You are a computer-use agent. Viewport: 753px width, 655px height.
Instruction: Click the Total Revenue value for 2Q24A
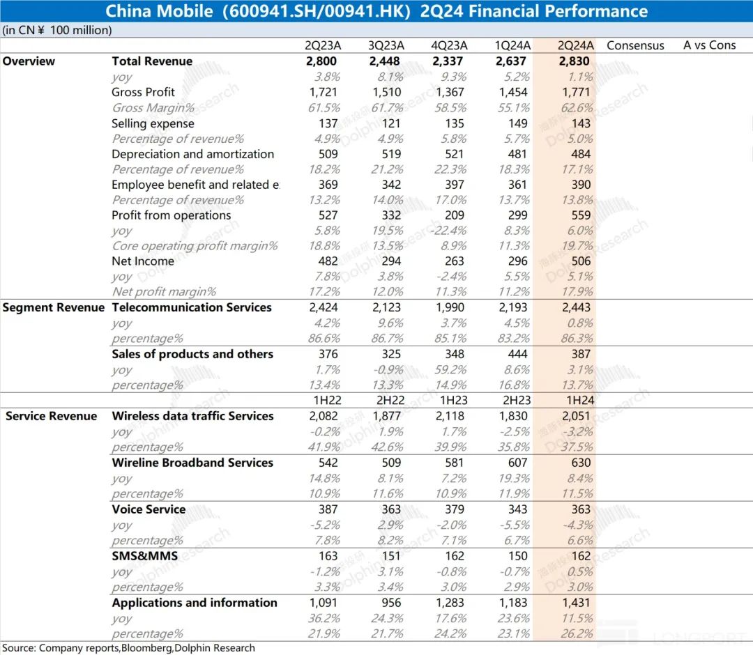click(575, 61)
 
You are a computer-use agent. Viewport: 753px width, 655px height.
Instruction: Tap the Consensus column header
click(635, 45)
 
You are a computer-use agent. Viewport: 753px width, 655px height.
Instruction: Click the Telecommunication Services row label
click(192, 307)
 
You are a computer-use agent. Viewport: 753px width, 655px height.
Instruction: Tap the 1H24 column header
click(576, 401)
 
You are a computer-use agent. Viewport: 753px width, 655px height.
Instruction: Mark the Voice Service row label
click(149, 509)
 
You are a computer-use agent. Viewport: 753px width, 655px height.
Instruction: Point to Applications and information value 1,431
click(575, 603)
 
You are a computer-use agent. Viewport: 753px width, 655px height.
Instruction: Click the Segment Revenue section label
click(53, 307)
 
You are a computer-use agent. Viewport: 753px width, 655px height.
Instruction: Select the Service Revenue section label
click(51, 416)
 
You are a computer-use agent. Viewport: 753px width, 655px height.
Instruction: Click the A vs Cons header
click(709, 45)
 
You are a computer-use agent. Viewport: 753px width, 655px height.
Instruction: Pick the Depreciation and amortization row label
click(193, 154)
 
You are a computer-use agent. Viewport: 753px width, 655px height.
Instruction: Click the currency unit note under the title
click(56, 30)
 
